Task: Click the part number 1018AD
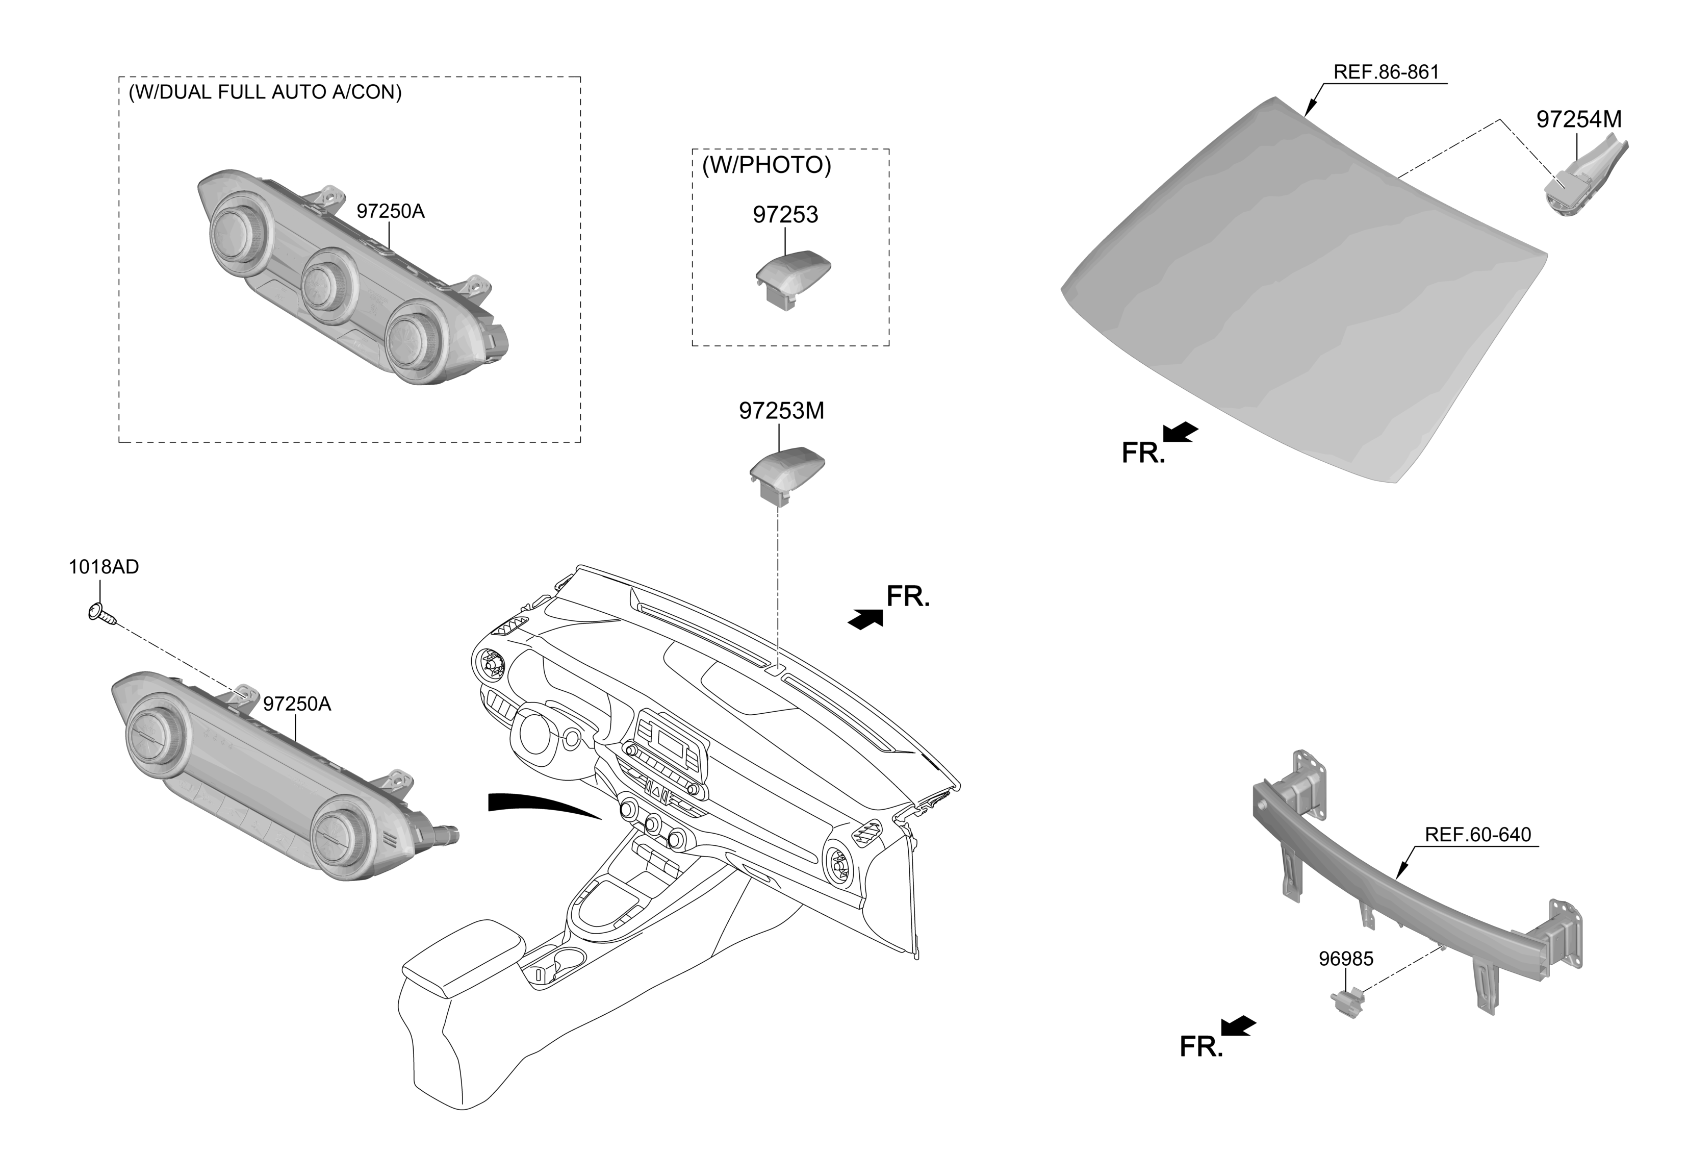104,567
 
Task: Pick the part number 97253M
781,412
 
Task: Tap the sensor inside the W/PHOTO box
792,279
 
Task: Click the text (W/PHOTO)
766,165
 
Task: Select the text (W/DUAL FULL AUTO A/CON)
265,92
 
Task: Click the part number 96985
1346,959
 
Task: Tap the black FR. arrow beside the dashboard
865,619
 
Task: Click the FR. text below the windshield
1143,453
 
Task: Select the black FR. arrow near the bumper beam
1238,1026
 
